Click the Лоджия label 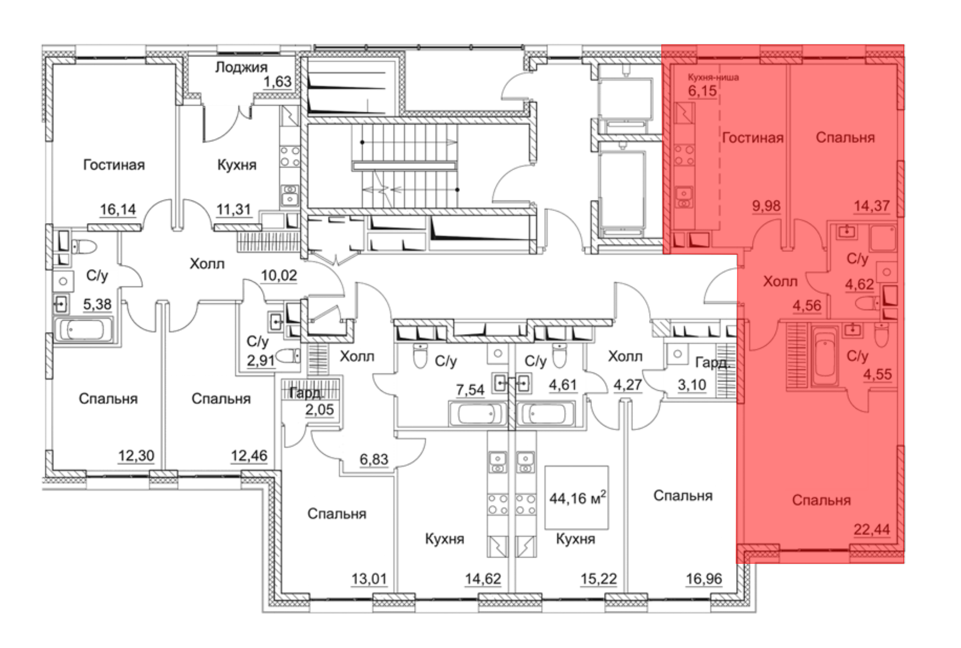click(x=241, y=67)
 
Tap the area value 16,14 click(x=118, y=210)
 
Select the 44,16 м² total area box click(x=577, y=498)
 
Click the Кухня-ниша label click(x=713, y=77)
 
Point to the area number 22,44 click(x=872, y=530)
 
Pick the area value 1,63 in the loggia click(x=277, y=82)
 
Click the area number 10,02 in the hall click(x=279, y=275)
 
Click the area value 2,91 click(x=261, y=360)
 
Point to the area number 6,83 click(x=374, y=460)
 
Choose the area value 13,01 click(x=369, y=579)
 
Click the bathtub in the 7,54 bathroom click(x=478, y=414)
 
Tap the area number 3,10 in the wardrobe click(x=692, y=385)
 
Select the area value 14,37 click(x=872, y=206)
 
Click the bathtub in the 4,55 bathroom click(x=825, y=355)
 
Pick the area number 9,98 click(x=766, y=206)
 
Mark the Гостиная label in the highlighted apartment click(x=753, y=138)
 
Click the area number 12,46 click(x=249, y=456)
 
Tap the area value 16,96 click(x=704, y=579)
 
